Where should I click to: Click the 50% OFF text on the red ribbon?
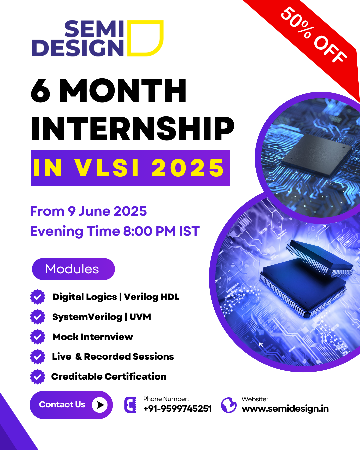point(314,35)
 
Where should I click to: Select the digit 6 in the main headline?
point(41,91)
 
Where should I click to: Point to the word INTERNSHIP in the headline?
point(133,128)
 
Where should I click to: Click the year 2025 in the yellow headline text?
point(188,168)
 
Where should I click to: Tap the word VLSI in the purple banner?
point(107,168)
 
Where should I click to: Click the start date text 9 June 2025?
point(107,211)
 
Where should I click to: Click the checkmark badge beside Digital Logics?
point(37,297)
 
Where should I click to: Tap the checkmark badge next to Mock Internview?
point(37,337)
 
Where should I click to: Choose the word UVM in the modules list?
point(140,317)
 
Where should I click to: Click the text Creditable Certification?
point(109,376)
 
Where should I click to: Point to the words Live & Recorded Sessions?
point(113,357)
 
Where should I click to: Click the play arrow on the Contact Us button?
point(100,405)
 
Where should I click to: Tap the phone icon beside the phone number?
point(130,405)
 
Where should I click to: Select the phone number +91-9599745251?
point(178,409)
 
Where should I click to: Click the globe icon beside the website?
point(229,405)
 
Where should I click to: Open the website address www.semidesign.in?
point(285,409)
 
